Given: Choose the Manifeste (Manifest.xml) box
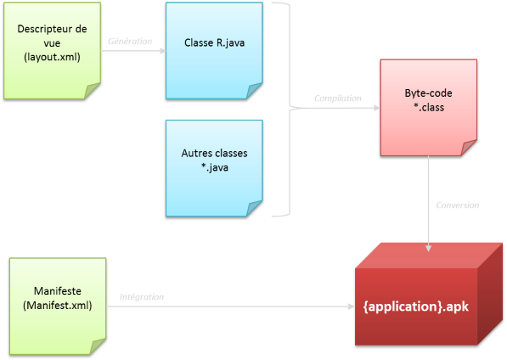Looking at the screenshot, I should pyautogui.click(x=57, y=306).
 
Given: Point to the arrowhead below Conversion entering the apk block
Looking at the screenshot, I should pyautogui.click(x=429, y=248).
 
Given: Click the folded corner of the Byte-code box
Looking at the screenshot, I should pyautogui.click(x=468, y=149).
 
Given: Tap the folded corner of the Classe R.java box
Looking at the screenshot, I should pyautogui.click(x=254, y=91).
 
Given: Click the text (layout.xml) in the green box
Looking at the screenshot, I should pyautogui.click(x=51, y=58).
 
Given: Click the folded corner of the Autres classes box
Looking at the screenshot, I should pyautogui.click(x=254, y=208).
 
